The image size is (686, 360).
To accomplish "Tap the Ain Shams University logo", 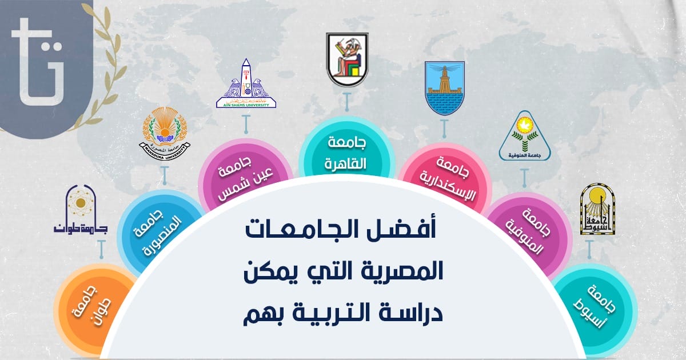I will tap(246, 84).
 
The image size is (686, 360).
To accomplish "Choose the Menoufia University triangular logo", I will tap(525, 136).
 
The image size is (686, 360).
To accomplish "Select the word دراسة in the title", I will tap(413, 311).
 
